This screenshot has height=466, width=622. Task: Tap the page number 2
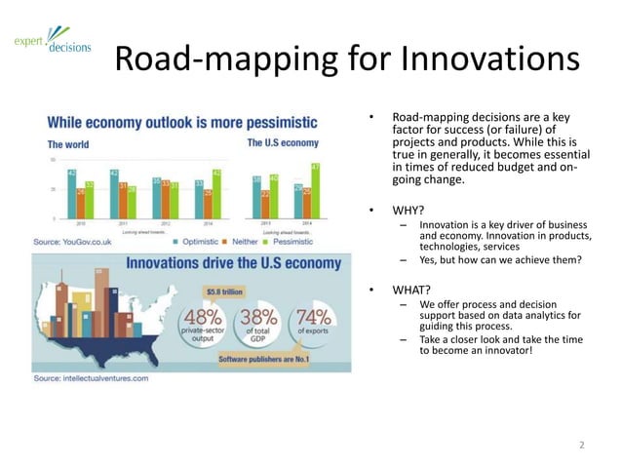point(582,446)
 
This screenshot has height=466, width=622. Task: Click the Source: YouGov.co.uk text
point(80,240)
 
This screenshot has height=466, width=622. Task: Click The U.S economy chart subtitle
point(283,142)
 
